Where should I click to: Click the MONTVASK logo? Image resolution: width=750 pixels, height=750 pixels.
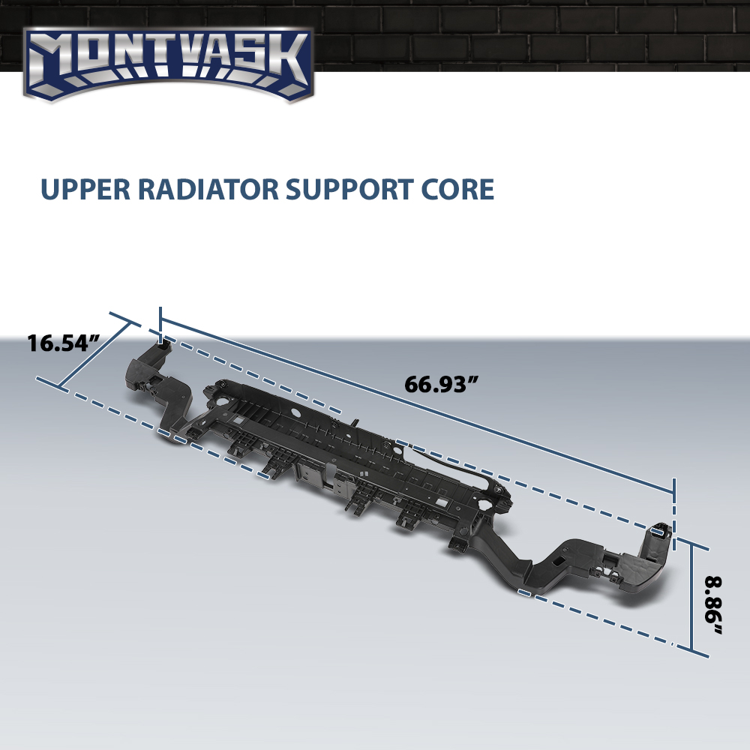pyautogui.click(x=168, y=64)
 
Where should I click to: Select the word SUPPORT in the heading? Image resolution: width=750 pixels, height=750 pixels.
pyautogui.click(x=349, y=190)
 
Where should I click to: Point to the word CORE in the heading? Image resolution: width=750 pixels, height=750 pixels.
pyautogui.click(x=457, y=190)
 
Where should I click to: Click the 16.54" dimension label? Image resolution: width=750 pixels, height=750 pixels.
pyautogui.click(x=63, y=343)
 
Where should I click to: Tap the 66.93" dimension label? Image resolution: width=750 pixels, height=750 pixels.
pyautogui.click(x=442, y=384)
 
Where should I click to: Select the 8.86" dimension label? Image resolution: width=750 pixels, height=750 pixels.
pyautogui.click(x=712, y=605)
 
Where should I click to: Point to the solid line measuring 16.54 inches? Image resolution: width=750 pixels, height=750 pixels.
pyautogui.click(x=94, y=355)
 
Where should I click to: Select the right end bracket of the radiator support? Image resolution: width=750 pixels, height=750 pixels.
pyautogui.click(x=641, y=565)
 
